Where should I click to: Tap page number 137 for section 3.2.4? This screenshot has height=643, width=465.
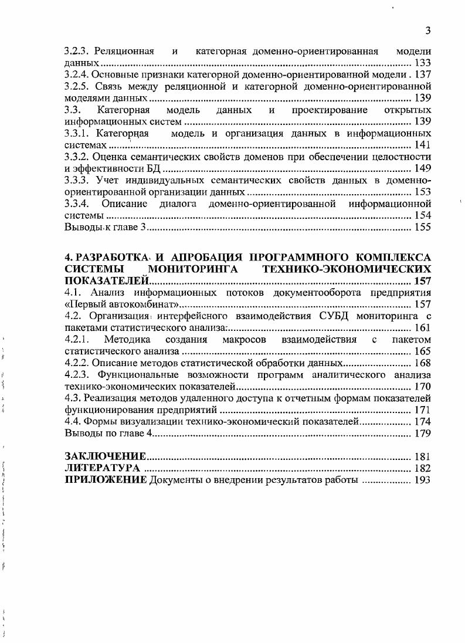(x=422, y=75)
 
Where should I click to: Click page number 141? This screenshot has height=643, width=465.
(x=422, y=145)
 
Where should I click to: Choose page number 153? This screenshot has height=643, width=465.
(x=422, y=192)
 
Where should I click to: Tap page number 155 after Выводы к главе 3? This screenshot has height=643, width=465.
(x=422, y=228)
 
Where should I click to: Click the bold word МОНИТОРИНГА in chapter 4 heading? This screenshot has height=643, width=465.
(x=191, y=269)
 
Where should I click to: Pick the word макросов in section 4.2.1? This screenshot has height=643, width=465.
(x=243, y=339)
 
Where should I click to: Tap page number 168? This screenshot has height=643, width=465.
(x=422, y=363)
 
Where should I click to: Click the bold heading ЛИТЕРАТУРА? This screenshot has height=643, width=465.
(x=102, y=468)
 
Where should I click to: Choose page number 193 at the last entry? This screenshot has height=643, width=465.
(x=422, y=480)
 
